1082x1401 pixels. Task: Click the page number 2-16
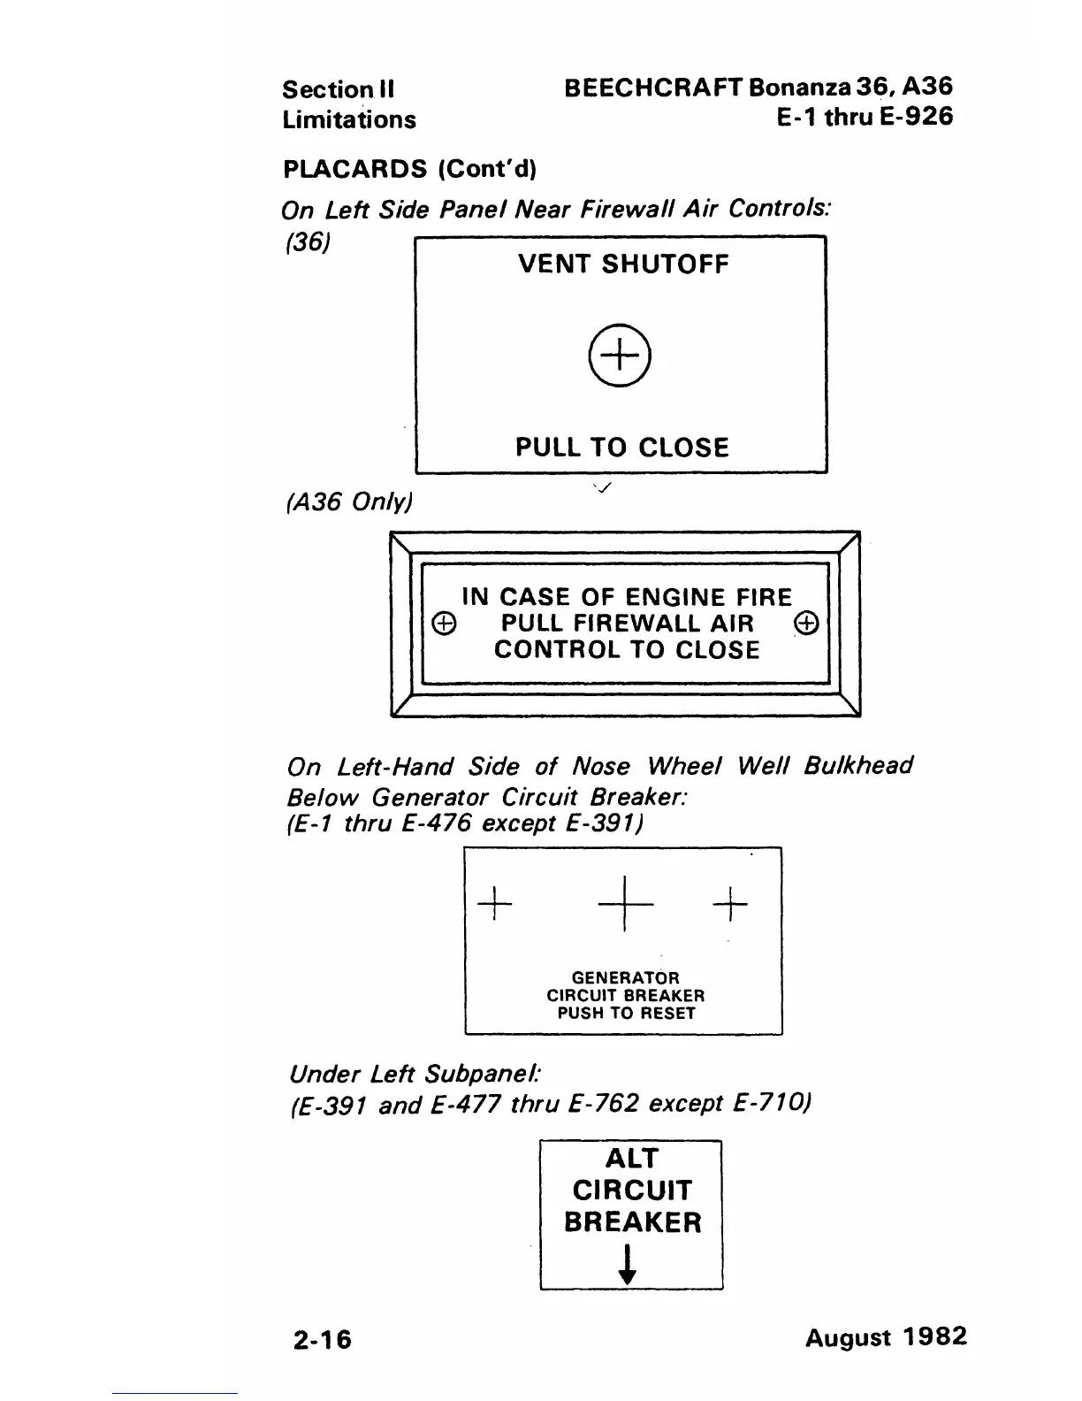pos(323,1339)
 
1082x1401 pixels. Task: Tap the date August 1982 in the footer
pos(886,1336)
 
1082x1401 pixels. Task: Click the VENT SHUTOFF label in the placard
pos(623,264)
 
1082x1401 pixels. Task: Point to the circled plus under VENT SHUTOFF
pos(620,356)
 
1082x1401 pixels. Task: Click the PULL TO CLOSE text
pos(622,448)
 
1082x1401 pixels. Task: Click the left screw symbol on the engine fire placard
pos(444,624)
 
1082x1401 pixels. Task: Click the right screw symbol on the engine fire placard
pos(807,624)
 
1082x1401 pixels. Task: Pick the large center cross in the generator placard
pos(625,903)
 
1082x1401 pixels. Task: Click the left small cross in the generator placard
pos(495,903)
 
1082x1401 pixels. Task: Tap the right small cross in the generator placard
pos(730,903)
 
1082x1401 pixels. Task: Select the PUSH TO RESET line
pos(626,1014)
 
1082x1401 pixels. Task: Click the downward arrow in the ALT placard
pos(628,1265)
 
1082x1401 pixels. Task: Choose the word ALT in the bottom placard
pos(632,1159)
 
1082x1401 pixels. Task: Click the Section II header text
pos(339,89)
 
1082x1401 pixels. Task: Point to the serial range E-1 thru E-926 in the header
pos(865,118)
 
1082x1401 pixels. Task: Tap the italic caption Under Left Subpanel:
pos(415,1075)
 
